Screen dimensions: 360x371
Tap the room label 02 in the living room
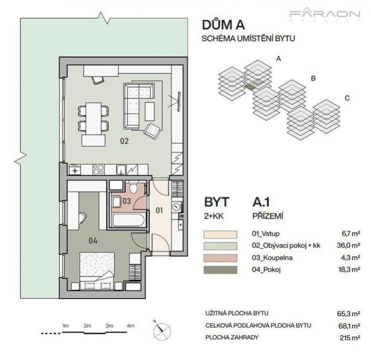(x=124, y=141)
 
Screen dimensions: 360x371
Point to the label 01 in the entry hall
(x=159, y=210)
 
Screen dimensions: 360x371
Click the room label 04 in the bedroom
(x=93, y=241)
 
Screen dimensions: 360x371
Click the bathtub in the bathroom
(x=128, y=219)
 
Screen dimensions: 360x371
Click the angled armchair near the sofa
(x=152, y=130)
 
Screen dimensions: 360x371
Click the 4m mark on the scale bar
(x=131, y=326)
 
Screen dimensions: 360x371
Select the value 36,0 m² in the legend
(x=349, y=245)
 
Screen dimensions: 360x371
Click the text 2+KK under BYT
(x=214, y=217)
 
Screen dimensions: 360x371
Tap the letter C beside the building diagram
(x=346, y=98)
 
